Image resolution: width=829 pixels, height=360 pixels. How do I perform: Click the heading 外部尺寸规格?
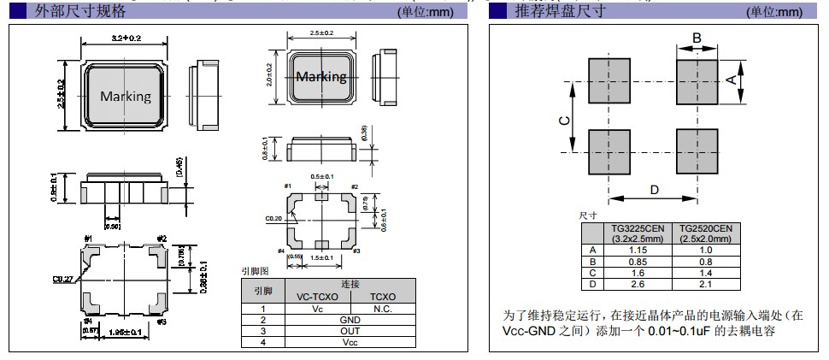pyautogui.click(x=81, y=11)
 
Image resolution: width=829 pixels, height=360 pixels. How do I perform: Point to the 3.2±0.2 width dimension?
pyautogui.click(x=126, y=38)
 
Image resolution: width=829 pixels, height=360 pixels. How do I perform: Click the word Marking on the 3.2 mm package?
pyautogui.click(x=126, y=96)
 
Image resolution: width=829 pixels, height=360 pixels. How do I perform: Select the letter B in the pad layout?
pyautogui.click(x=697, y=38)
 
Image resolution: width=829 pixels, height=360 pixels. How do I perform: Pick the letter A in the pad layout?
pyautogui.click(x=732, y=80)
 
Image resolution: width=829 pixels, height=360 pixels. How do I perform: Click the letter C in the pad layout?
pyautogui.click(x=564, y=121)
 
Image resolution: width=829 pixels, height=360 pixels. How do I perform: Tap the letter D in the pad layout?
pyautogui.click(x=654, y=190)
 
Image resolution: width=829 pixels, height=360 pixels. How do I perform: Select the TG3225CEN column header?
pyautogui.click(x=637, y=233)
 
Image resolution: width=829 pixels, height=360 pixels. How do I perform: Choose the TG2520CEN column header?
pyautogui.click(x=705, y=233)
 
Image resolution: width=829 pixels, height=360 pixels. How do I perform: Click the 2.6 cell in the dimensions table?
pyautogui.click(x=637, y=284)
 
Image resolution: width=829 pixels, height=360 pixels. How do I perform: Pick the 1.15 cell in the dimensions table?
pyautogui.click(x=637, y=249)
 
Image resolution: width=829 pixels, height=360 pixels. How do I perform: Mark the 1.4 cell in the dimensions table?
pyautogui.click(x=705, y=272)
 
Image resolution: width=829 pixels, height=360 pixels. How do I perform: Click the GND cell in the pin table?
pyautogui.click(x=350, y=320)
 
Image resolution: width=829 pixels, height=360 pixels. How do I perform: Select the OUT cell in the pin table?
pyautogui.click(x=350, y=331)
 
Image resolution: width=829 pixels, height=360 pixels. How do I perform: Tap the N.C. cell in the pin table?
pyautogui.click(x=382, y=309)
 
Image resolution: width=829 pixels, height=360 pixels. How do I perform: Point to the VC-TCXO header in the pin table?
pyautogui.click(x=317, y=297)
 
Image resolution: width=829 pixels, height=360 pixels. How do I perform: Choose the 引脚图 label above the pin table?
pyautogui.click(x=256, y=271)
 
